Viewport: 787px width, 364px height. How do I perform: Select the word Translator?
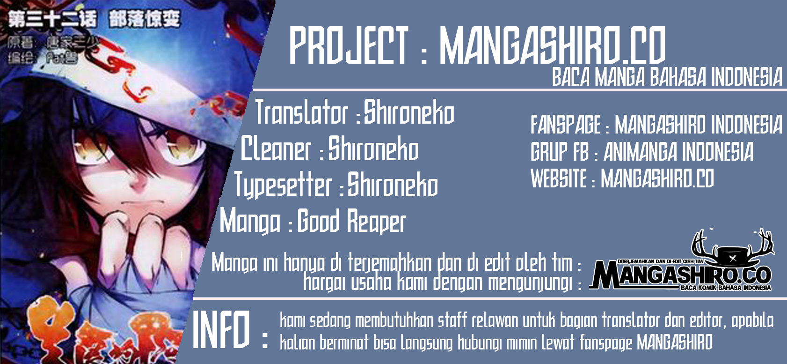pyautogui.click(x=302, y=113)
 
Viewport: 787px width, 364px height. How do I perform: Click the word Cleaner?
pyautogui.click(x=276, y=149)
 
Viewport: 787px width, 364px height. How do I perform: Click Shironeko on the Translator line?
pyautogui.click(x=409, y=113)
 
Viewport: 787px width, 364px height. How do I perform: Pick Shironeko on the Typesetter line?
pyautogui.click(x=392, y=185)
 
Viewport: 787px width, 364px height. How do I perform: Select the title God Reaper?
pyautogui.click(x=351, y=221)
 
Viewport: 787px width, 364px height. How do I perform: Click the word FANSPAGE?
pyautogui.click(x=565, y=125)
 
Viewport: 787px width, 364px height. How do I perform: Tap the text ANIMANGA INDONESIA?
pyautogui.click(x=678, y=152)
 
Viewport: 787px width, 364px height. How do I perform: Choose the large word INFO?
pyautogui.click(x=221, y=329)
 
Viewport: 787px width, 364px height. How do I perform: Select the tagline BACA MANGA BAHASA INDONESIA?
pyautogui.click(x=667, y=77)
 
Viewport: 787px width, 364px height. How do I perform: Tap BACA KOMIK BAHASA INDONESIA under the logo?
pyautogui.click(x=726, y=288)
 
